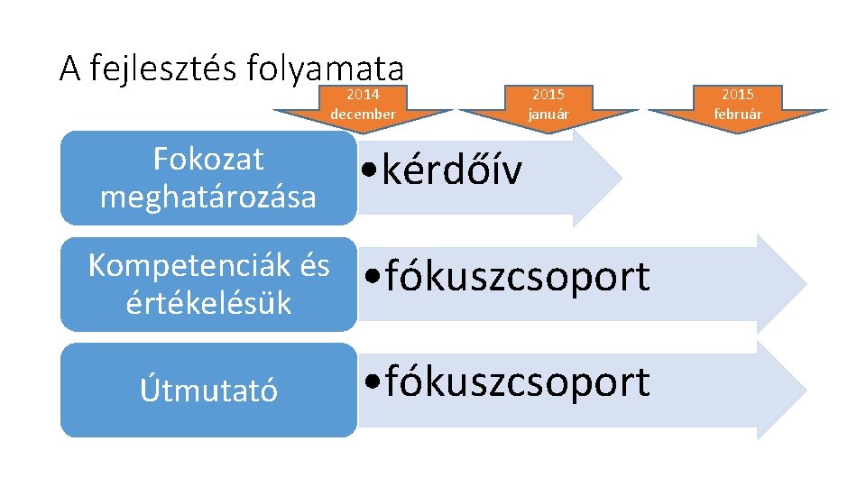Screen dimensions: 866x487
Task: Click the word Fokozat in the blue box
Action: [208, 160]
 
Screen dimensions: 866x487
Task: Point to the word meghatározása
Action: [208, 197]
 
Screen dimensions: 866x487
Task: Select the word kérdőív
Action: [451, 170]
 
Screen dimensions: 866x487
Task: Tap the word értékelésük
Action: [208, 303]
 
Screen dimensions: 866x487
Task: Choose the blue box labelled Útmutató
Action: [208, 391]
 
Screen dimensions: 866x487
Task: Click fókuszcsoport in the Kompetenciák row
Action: [517, 277]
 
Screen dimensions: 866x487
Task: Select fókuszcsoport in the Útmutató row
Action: [517, 381]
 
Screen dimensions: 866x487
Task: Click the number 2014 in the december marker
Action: [363, 95]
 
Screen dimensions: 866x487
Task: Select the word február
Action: [737, 115]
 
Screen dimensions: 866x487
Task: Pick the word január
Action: [548, 115]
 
